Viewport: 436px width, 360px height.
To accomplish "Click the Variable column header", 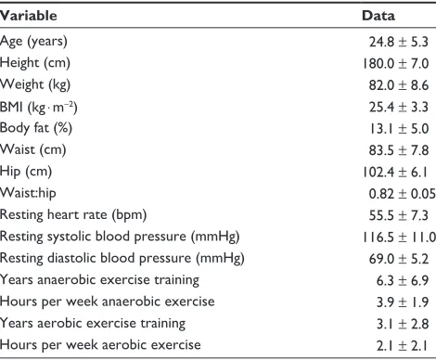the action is (x=29, y=16).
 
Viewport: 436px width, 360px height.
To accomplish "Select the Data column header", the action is (x=378, y=16).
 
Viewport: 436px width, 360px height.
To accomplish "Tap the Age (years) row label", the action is (x=33, y=42).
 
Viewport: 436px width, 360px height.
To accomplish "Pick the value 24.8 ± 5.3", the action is (x=399, y=42).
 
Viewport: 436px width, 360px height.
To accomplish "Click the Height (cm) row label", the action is (x=35, y=63).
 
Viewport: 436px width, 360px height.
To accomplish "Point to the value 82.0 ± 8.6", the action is (x=399, y=85).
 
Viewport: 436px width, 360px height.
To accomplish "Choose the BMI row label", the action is (x=39, y=107).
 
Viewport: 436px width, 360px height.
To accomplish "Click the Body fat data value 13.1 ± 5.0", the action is (x=399, y=128).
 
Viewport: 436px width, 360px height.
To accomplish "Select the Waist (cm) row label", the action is (x=32, y=150).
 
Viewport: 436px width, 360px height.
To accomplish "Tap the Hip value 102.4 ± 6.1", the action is (x=395, y=172).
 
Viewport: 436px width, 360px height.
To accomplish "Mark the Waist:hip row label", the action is (x=28, y=193).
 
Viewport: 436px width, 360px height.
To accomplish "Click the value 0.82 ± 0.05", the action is (x=402, y=194).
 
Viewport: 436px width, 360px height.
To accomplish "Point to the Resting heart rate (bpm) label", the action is (x=73, y=215).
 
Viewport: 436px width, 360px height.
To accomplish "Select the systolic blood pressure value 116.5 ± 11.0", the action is (x=399, y=238).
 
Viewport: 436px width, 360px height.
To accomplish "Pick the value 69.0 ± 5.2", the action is (x=399, y=259).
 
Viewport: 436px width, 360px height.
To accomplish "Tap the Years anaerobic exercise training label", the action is (x=99, y=280).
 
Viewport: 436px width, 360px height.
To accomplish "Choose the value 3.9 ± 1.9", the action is (x=403, y=302).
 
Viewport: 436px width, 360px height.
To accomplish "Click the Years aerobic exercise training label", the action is (x=93, y=324).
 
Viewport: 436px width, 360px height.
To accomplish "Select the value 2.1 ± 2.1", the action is (x=402, y=345).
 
